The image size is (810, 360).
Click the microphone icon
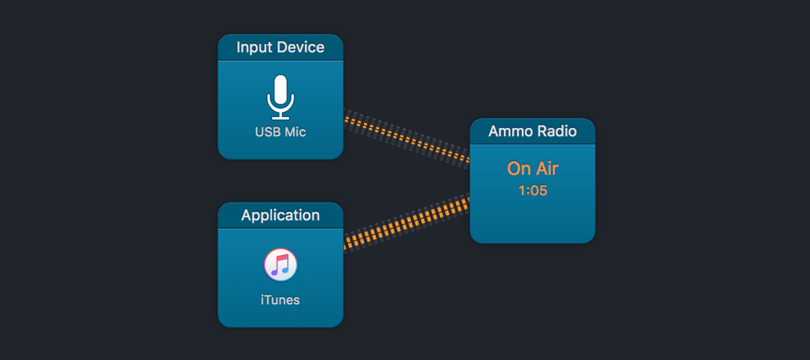point(280,97)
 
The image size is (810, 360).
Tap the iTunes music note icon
point(280,265)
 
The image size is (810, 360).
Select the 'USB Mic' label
point(280,132)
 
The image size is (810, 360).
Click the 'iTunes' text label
point(280,299)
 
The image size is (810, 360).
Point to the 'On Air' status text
point(532,169)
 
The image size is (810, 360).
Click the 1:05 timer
point(532,190)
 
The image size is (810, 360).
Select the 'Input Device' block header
point(280,47)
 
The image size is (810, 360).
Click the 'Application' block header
point(280,215)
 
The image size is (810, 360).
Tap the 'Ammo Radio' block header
point(532,132)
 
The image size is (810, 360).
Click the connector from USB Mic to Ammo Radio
point(406,136)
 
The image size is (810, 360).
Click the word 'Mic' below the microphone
point(296,132)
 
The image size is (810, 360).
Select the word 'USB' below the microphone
point(268,132)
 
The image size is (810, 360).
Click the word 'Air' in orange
point(546,169)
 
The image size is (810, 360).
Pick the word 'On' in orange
point(518,169)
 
